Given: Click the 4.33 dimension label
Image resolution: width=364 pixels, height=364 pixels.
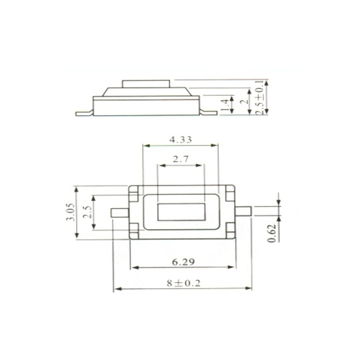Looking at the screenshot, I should point(181,140).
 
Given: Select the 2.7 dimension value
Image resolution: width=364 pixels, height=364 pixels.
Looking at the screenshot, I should point(181,159).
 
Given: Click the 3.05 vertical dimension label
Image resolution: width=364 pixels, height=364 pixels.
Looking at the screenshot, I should point(71,212).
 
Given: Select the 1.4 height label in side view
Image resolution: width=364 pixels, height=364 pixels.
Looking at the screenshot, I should point(226,105).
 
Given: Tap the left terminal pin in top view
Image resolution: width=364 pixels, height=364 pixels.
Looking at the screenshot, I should point(120,213).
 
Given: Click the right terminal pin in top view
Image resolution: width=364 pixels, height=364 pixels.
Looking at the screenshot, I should point(243,211).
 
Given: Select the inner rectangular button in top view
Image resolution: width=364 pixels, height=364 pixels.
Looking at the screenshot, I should point(181,212).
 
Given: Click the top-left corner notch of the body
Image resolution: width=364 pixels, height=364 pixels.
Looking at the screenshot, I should point(134,193).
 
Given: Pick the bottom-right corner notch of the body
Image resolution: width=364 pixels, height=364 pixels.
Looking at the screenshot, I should point(230,230).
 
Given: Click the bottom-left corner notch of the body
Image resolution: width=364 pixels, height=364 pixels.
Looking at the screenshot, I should point(134,230).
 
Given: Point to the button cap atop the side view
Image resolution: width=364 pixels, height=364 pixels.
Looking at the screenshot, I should point(146,84).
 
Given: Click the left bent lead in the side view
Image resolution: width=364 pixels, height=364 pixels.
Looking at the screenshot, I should point(84,113).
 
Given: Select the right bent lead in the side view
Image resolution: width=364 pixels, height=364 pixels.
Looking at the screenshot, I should point(209,112).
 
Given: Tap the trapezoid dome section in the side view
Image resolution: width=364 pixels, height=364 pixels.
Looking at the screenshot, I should point(146,92).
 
